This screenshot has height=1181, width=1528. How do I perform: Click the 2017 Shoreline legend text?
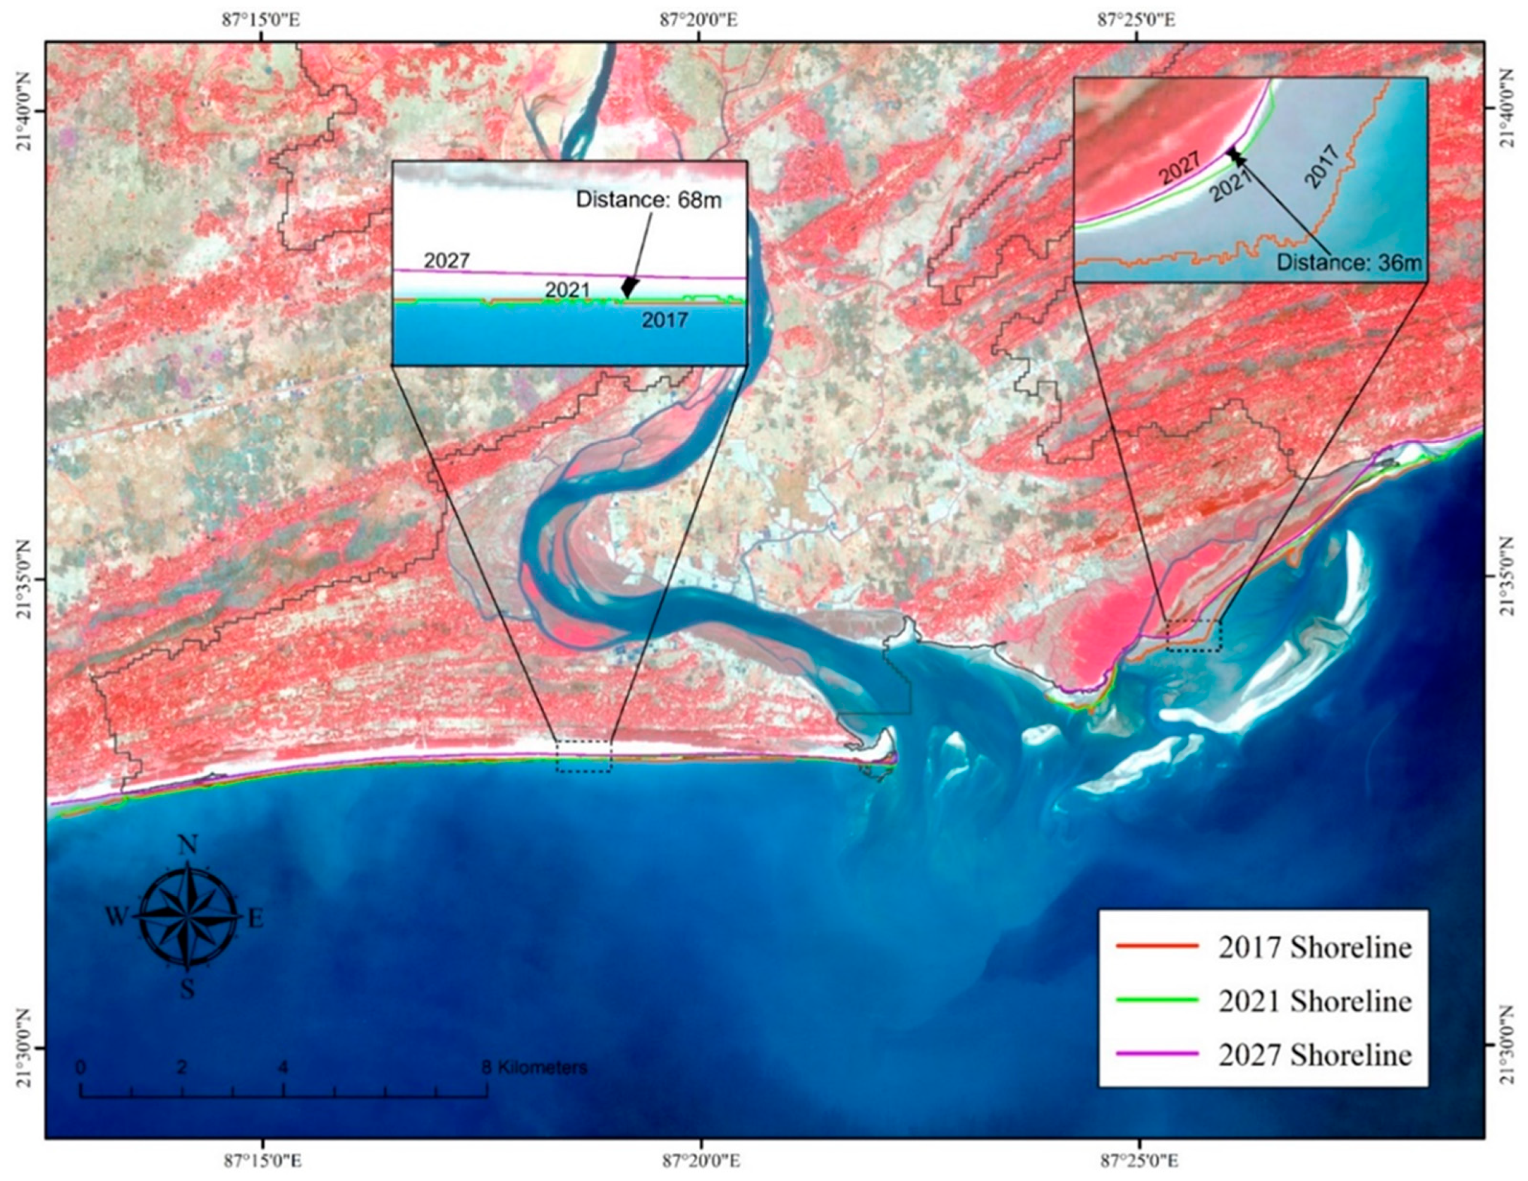[x=1315, y=947]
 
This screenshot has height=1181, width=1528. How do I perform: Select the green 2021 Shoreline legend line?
[x=1157, y=1001]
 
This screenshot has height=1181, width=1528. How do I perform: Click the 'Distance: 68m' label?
[x=649, y=201]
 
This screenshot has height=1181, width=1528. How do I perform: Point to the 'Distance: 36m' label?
[x=1350, y=263]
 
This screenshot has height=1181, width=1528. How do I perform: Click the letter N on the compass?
[x=187, y=845]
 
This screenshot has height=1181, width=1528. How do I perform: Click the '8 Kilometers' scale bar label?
[x=534, y=1068]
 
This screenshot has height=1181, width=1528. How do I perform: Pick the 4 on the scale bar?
[x=283, y=1068]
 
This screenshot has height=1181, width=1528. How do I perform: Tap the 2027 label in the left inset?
[x=447, y=261]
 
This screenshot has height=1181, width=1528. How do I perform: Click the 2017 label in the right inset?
[x=1323, y=166]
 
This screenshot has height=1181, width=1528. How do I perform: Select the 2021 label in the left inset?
[x=567, y=290]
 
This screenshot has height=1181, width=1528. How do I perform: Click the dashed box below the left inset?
[x=583, y=756]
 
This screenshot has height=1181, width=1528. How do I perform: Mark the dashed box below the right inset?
[x=1194, y=635]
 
